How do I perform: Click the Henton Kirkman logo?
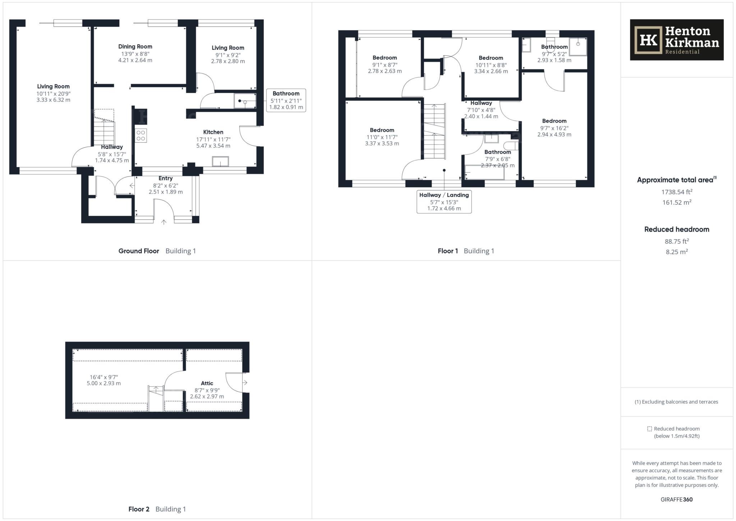coord(676,40)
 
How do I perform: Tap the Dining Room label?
coord(135,46)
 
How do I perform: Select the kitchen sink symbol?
coord(220,161)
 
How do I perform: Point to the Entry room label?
coord(165,178)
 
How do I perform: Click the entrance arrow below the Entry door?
coord(164,222)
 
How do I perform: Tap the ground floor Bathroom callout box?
coord(286,100)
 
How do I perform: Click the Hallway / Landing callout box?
coord(444,202)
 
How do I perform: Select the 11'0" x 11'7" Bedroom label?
coord(382,130)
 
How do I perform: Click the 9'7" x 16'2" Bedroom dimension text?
coord(554,128)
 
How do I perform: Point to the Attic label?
coord(207,383)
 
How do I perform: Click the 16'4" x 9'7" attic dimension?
coord(103,377)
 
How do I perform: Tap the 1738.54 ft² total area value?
coord(676,192)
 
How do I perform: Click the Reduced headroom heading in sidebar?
coord(676,229)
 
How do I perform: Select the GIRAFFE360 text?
coord(676,499)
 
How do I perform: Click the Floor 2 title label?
coord(139,509)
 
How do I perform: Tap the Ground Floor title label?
coord(139,251)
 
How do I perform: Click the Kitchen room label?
coord(213,132)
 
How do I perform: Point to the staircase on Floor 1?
coord(434,131)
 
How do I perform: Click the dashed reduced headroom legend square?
coord(649,429)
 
